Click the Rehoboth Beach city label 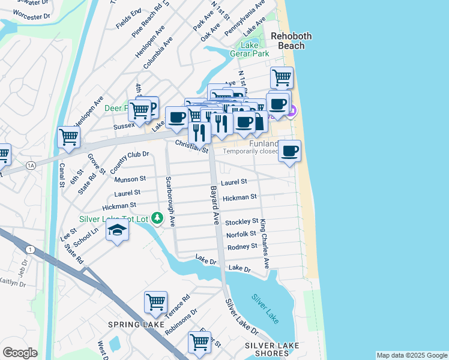[291, 41]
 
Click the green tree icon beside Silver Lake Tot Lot [157, 217]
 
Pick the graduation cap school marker [118, 230]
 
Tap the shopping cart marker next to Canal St [69, 137]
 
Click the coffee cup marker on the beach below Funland [289, 151]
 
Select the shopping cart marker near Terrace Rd [155, 302]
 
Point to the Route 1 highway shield [29, 249]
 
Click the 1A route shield [31, 165]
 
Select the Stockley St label [241, 222]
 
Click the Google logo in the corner [20, 353]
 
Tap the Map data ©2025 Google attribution [411, 355]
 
